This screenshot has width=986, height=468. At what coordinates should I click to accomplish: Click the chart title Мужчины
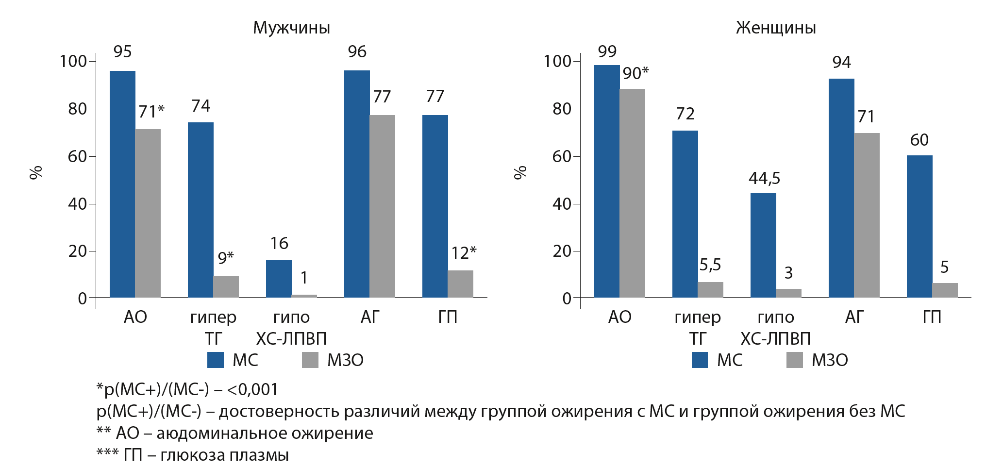(291, 28)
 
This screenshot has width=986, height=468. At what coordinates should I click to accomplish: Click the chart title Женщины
(775, 28)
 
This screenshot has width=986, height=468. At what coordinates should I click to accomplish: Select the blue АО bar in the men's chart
(122, 184)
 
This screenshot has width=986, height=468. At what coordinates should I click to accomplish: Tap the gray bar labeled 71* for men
(148, 214)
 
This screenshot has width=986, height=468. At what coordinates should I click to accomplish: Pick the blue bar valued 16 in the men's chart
(279, 279)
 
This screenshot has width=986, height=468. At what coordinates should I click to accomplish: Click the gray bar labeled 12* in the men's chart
(460, 284)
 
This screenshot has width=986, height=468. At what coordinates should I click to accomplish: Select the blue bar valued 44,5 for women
(763, 245)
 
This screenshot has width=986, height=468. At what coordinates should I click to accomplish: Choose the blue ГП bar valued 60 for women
(919, 226)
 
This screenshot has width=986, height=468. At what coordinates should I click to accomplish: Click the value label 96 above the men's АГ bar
(357, 52)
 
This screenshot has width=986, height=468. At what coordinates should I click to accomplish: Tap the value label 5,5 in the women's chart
(710, 265)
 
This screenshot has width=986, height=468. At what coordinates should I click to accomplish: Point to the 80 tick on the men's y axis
(78, 109)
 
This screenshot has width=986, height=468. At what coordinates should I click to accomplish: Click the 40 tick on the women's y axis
(562, 204)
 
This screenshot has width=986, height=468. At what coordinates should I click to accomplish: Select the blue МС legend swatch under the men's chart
(216, 360)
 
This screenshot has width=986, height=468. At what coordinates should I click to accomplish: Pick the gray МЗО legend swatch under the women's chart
(795, 360)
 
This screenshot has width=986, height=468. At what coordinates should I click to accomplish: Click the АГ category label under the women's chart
(854, 317)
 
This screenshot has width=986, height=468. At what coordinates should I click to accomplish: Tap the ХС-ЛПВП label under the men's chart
(291, 338)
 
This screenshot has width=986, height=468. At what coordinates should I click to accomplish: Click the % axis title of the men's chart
(36, 172)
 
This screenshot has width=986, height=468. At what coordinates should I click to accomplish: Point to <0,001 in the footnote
(252, 389)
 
